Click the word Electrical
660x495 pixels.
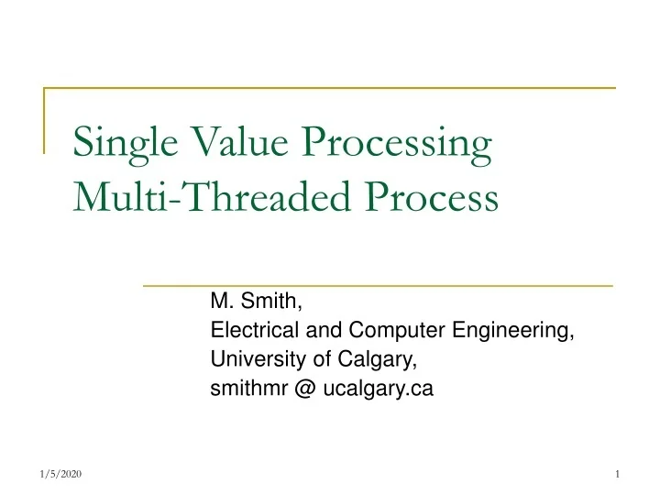pos(248,330)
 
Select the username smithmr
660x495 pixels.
pos(249,389)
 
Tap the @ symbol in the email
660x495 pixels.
pos(306,390)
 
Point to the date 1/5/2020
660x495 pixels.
pos(61,473)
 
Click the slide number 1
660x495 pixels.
pos(620,473)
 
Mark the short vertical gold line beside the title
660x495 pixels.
pos(45,119)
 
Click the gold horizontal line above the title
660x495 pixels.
pos(330,88)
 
